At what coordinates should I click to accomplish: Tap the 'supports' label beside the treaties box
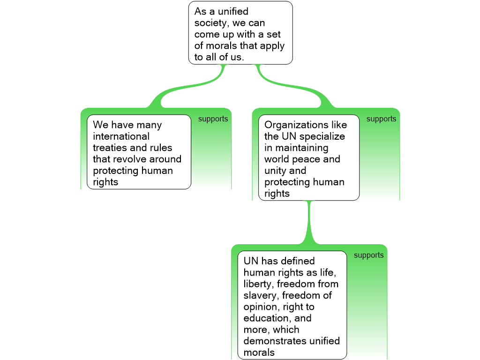pos(213,119)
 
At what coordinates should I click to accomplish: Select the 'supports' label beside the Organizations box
pos(381,119)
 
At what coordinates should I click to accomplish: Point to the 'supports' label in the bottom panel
pos(368,255)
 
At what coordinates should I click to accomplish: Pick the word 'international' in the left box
pos(121,136)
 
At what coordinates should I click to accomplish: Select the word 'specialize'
pos(322,136)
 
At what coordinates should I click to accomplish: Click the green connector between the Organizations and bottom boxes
pos(309,223)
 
